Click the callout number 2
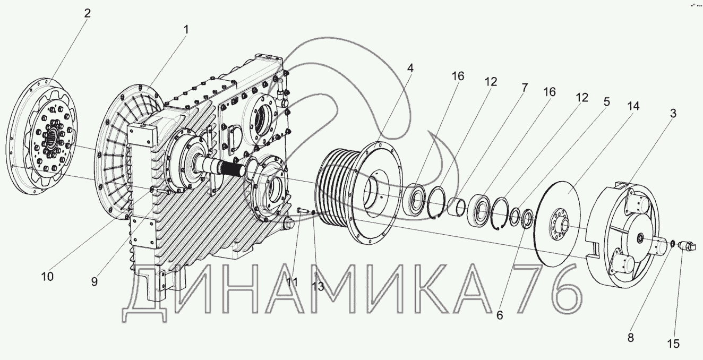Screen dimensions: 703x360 87,13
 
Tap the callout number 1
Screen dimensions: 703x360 186,30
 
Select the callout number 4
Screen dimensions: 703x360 410,68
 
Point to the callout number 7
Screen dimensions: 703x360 525,88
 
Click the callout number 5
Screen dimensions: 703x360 607,101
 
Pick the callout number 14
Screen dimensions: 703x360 633,106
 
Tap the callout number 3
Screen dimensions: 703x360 673,113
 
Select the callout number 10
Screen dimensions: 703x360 47,277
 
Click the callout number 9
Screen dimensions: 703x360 95,281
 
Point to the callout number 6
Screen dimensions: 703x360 500,315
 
